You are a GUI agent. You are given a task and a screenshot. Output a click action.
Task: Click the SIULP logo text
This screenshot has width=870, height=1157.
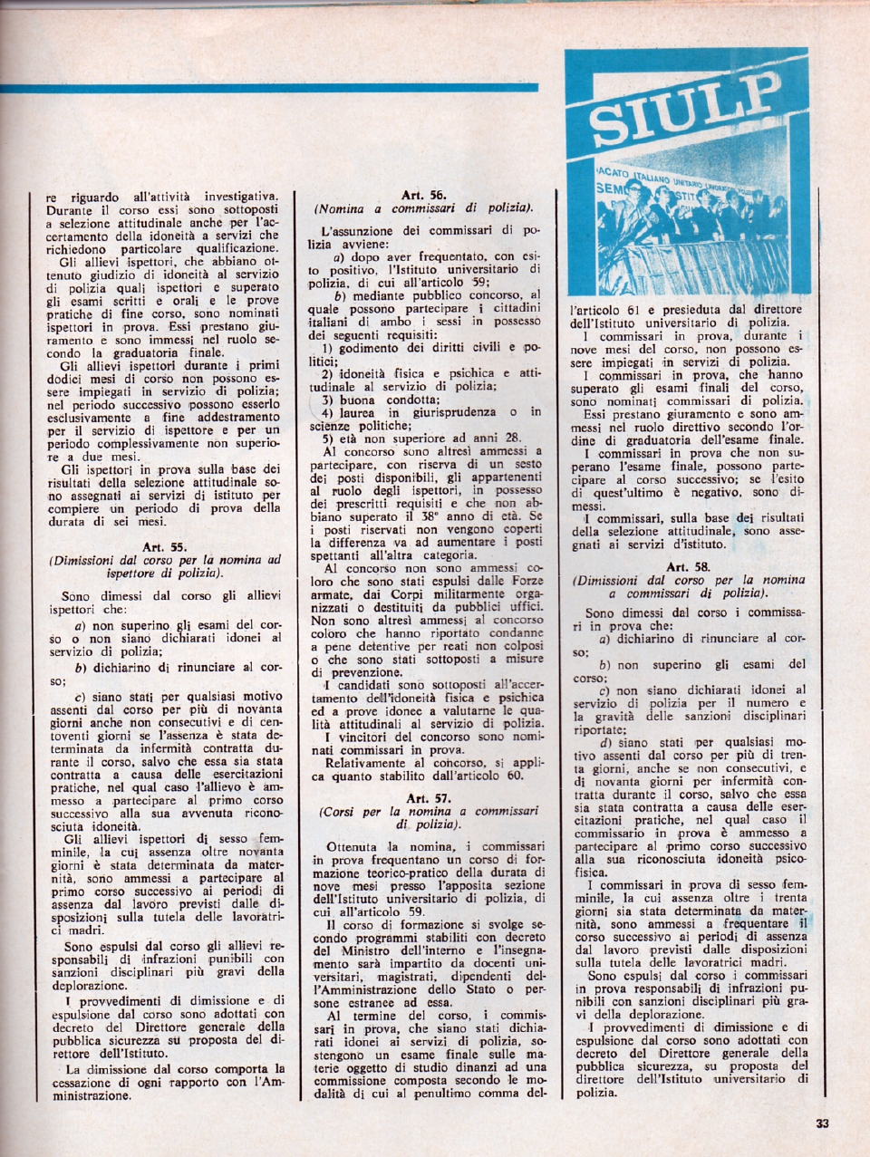click(x=686, y=111)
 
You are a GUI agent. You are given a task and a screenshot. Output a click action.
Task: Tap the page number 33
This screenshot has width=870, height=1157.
click(x=822, y=1124)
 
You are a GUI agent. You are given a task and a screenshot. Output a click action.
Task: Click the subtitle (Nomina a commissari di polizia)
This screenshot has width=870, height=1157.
click(x=423, y=208)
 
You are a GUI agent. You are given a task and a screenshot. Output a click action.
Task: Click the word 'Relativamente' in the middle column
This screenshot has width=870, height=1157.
click(x=367, y=764)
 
